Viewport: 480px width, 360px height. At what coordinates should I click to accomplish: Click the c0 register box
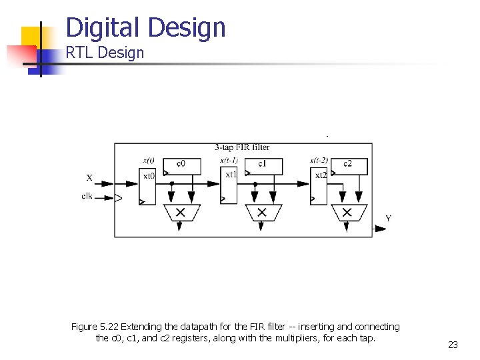[x=181, y=164]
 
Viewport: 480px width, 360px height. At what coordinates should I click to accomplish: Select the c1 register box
[x=262, y=164]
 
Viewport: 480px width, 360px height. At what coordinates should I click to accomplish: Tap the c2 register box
[x=347, y=164]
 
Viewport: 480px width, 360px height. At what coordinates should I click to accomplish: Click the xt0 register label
[x=149, y=176]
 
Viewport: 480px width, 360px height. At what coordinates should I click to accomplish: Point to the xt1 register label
[x=231, y=175]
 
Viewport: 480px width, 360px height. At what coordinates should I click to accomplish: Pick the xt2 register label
[x=321, y=175]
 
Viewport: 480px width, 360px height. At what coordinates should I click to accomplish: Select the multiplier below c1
[x=261, y=213]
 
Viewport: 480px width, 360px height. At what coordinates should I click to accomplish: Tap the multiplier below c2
[x=347, y=213]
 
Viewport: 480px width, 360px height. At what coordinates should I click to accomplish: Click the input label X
[x=89, y=178]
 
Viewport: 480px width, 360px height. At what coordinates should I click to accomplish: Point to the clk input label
[x=87, y=196]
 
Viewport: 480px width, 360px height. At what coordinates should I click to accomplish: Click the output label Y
[x=389, y=219]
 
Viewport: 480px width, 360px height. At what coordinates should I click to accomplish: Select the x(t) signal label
[x=149, y=160]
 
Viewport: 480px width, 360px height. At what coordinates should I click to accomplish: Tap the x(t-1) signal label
[x=230, y=160]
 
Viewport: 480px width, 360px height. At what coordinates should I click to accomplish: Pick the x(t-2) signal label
[x=319, y=160]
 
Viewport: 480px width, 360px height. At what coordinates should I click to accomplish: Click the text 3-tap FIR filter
[x=242, y=147]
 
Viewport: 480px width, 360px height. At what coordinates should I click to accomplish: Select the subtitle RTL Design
[x=105, y=53]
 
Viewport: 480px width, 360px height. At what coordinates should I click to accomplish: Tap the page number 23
[x=453, y=345]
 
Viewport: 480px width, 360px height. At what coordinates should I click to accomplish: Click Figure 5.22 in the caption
[x=95, y=327]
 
